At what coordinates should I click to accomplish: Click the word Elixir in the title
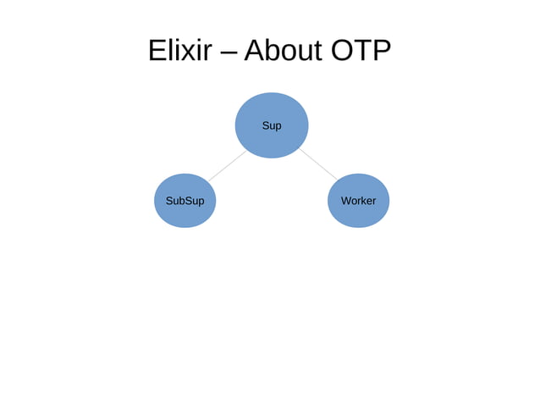click(x=179, y=52)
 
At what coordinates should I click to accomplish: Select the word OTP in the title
click(x=361, y=52)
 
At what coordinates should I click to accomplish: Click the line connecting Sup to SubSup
click(x=226, y=166)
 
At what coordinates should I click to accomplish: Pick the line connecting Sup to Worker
click(x=317, y=164)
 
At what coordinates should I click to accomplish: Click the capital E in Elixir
click(x=157, y=52)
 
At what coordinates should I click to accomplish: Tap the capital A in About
click(x=256, y=52)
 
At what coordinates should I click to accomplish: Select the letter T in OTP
click(x=361, y=52)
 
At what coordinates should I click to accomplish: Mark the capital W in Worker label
click(x=345, y=201)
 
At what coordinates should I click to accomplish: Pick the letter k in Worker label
click(x=361, y=201)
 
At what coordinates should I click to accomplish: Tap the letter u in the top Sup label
click(x=272, y=126)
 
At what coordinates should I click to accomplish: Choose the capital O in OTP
click(x=341, y=52)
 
